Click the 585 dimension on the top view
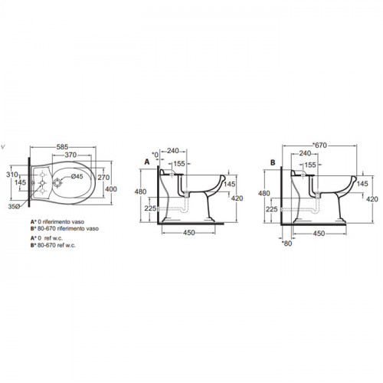(62, 147)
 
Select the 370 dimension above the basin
(70, 155)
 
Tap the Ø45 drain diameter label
(77, 176)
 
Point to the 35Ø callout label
(14, 207)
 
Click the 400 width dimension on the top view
(111, 189)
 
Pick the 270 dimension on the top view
(103, 177)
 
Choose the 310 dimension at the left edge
(12, 175)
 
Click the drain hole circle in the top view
(57, 182)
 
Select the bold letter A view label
(147, 162)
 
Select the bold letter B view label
(273, 162)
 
